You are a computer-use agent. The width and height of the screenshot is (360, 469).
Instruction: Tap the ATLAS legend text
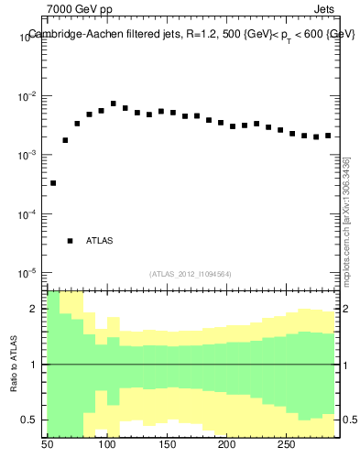100,241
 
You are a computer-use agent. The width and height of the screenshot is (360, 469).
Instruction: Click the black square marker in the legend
70,241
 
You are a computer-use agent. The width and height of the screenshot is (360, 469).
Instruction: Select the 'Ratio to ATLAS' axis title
15,365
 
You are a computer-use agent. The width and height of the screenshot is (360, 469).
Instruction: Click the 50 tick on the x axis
48,445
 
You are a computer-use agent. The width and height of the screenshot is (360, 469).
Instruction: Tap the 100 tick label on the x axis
107,445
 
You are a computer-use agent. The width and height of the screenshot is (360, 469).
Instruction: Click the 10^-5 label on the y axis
27,274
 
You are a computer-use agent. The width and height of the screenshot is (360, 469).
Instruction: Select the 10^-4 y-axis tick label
27,214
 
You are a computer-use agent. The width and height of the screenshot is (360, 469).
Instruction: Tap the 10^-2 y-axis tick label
27,96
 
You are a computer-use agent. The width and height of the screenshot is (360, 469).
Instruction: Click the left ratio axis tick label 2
33,310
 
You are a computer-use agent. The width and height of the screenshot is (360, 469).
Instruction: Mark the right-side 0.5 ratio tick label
350,420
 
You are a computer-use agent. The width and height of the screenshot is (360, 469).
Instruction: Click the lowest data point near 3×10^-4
53,183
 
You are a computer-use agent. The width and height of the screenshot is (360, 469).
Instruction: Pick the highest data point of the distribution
113,104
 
